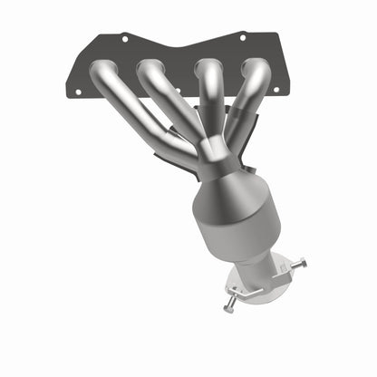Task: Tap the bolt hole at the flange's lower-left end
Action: click(x=77, y=92)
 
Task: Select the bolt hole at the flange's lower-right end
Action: click(x=277, y=90)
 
